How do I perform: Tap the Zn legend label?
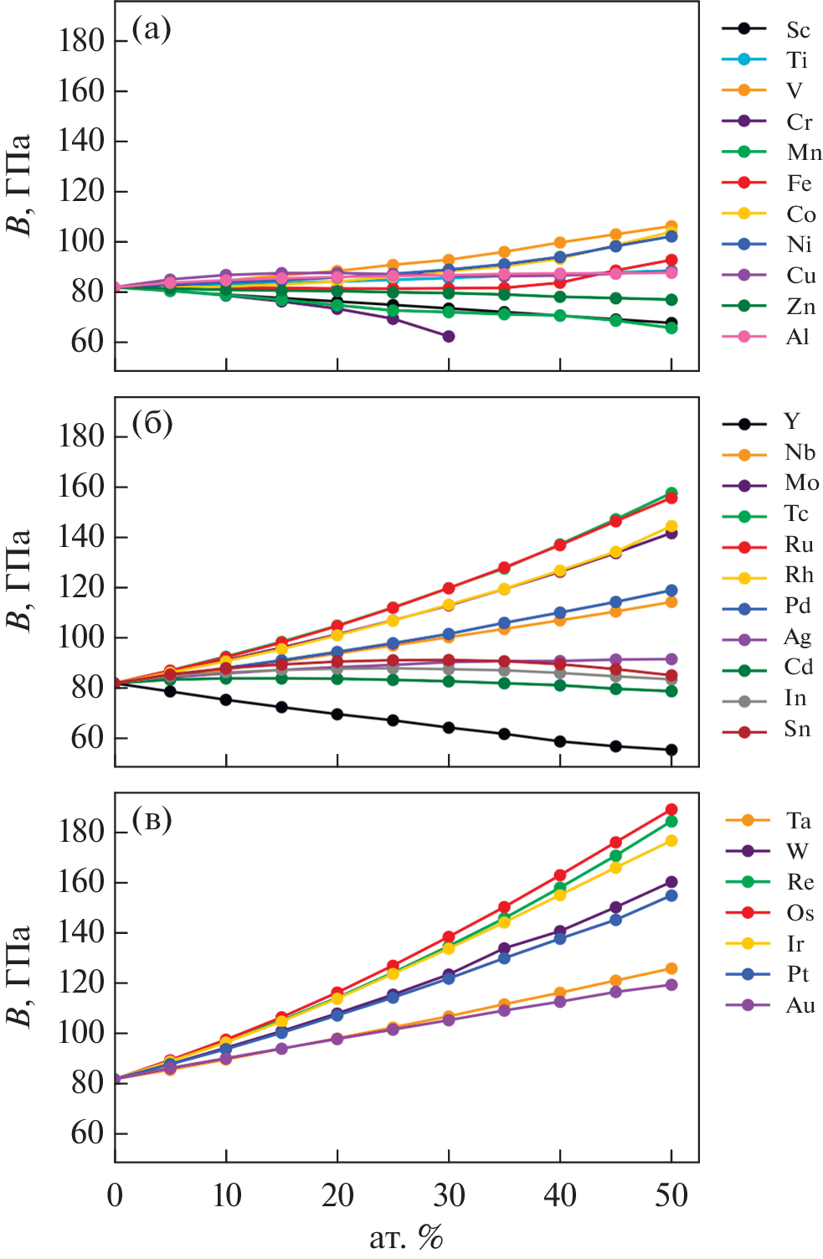(800, 307)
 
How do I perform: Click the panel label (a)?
(152, 29)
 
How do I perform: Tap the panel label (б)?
(152, 424)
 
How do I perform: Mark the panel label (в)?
(152, 818)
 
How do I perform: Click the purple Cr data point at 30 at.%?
(449, 336)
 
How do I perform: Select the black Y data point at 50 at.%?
(671, 750)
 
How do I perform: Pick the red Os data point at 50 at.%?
(671, 809)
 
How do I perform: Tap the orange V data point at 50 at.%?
(671, 226)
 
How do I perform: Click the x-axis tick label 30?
(449, 1195)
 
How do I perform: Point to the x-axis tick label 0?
(116, 1195)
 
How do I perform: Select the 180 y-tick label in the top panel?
(81, 40)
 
